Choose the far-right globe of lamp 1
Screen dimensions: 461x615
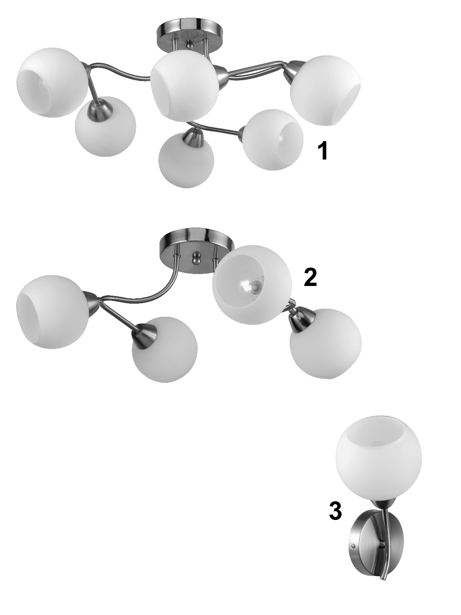(x=327, y=90)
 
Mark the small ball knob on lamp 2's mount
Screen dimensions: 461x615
(x=196, y=258)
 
